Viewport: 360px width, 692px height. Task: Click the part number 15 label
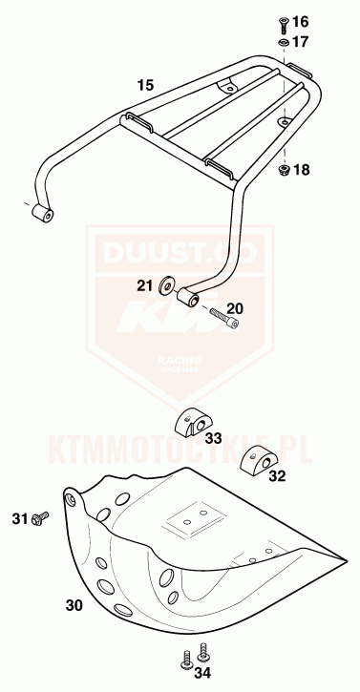[x=145, y=86]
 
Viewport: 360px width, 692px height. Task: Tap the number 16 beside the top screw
[x=301, y=21]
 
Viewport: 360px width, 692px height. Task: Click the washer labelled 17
[x=284, y=42]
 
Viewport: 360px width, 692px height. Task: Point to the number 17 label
[x=301, y=42]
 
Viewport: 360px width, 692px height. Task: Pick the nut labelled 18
[x=284, y=170]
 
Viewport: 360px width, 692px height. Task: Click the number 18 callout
[x=302, y=171]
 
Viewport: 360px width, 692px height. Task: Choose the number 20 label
[x=235, y=307]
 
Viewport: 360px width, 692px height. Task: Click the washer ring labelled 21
[x=168, y=284]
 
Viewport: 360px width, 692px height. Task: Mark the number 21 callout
[x=144, y=284]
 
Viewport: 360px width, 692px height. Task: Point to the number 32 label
[x=277, y=475]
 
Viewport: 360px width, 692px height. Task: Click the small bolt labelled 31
[x=39, y=518]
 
